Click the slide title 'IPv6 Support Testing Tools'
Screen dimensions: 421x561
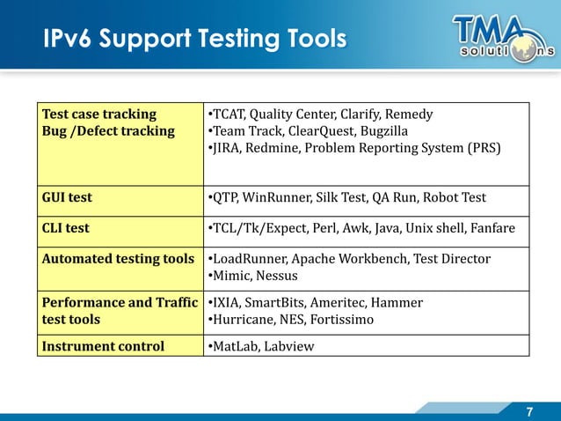194,40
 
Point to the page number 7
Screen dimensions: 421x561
529,411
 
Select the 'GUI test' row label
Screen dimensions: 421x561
67,197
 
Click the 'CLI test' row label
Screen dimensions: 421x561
66,228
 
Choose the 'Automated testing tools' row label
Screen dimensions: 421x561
118,259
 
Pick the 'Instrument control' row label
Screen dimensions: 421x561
103,345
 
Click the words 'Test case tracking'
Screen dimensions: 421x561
99,114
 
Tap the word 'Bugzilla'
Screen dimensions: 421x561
383,131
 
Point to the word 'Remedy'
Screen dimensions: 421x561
410,114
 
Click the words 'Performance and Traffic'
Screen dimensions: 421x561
120,302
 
